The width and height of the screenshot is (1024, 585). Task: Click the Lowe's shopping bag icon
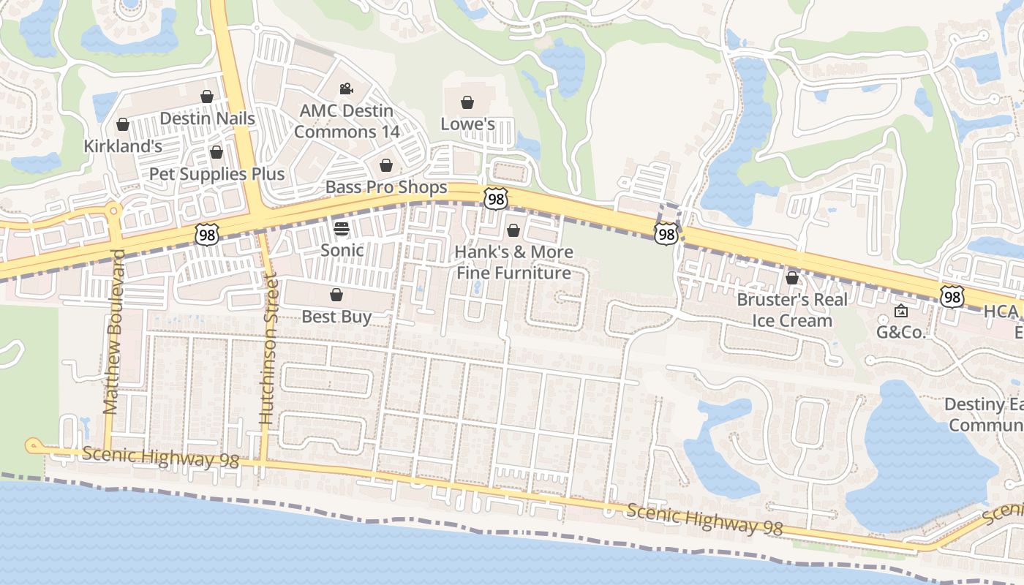coord(467,102)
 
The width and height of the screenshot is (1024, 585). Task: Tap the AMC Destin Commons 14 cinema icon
coord(346,89)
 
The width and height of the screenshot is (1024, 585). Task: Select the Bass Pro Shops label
coord(386,187)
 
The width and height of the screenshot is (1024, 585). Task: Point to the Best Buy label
coord(336,317)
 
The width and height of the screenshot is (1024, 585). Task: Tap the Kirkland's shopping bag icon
coord(123,125)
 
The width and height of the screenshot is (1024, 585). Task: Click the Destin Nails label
coord(207,118)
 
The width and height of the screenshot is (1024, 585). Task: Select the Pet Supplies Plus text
coord(217,174)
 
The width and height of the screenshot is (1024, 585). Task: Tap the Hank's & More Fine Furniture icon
coord(513,231)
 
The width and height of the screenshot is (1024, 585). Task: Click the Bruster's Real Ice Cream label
coord(792,310)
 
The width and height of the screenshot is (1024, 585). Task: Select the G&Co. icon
coord(901,312)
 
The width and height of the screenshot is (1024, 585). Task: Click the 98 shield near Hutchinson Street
coord(207,235)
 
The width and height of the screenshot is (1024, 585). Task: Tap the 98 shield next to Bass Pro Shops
coord(495,198)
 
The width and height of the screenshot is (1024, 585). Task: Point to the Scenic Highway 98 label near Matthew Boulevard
coord(161,458)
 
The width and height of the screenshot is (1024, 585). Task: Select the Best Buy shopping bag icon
coord(336,295)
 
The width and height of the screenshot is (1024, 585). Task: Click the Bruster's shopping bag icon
coord(792,278)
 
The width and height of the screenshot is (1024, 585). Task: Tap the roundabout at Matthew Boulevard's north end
coord(113,211)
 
